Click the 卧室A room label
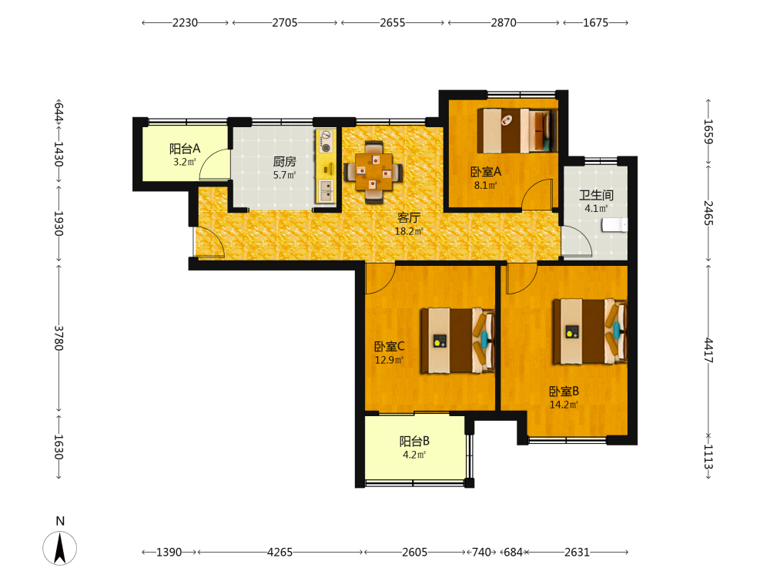point(486,172)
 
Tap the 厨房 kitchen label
point(284,161)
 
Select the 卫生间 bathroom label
point(596,195)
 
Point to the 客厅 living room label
point(409,218)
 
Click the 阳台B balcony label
point(414,441)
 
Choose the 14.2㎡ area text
point(564,405)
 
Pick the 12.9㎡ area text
point(389,360)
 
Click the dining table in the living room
point(373,172)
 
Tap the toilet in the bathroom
point(614,225)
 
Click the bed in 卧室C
point(457,340)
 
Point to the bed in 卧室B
point(590,331)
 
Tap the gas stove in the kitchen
point(326,140)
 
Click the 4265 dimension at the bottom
point(280,553)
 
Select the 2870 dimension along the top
point(504,22)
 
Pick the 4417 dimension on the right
point(708,350)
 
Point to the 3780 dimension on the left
point(59,338)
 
